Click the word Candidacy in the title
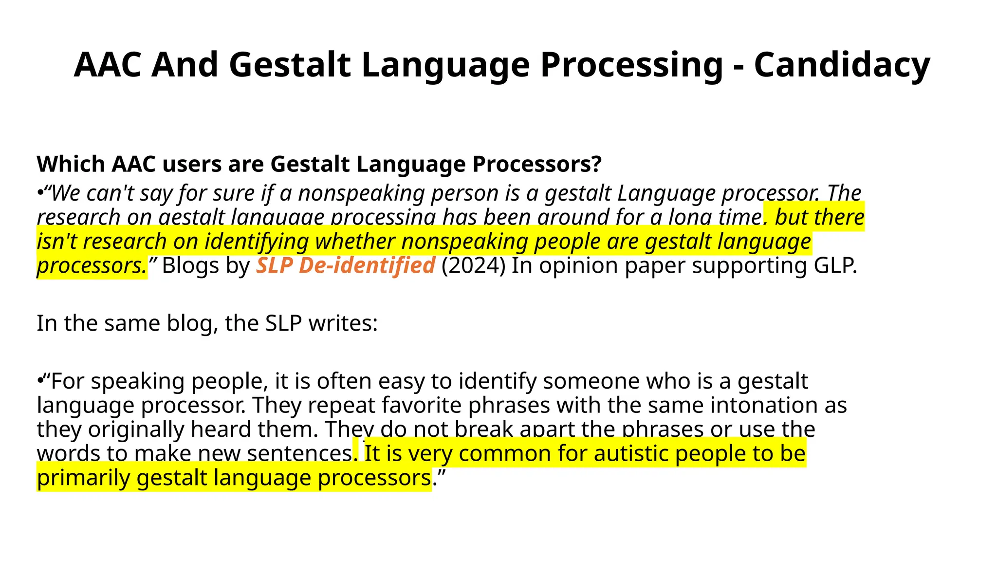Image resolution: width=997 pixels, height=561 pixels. tap(842, 65)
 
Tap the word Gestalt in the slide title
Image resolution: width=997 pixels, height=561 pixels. tap(290, 65)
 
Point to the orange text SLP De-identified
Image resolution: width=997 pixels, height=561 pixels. tap(345, 265)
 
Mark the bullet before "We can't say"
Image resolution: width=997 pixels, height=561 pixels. tap(40, 193)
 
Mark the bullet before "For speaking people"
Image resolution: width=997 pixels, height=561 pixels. tap(40, 381)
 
